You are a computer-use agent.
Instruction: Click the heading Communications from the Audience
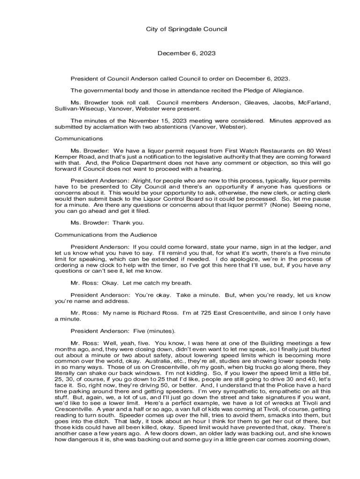pos(106,234)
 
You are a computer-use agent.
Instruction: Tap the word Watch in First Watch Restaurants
pos(251,151)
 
